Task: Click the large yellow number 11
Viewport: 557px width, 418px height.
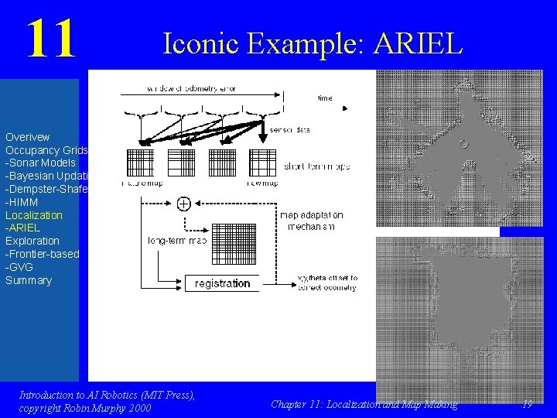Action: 51,39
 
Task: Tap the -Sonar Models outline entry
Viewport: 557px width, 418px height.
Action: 40,163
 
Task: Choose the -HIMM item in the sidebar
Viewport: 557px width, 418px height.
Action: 22,201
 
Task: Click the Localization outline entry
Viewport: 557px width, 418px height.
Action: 34,214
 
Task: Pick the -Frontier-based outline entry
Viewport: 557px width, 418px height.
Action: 42,253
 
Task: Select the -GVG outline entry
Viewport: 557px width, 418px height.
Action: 19,266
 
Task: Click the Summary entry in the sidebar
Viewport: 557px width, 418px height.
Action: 29,279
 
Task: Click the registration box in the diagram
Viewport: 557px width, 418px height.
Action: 223,283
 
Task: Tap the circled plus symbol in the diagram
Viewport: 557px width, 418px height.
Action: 184,204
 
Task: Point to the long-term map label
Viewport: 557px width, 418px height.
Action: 177,241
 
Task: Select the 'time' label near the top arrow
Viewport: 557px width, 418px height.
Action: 325,98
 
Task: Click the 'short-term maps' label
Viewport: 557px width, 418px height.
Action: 317,166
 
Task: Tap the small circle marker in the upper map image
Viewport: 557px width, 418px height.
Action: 463,143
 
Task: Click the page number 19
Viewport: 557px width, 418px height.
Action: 527,404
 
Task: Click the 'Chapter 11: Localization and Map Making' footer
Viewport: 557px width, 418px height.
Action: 364,404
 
